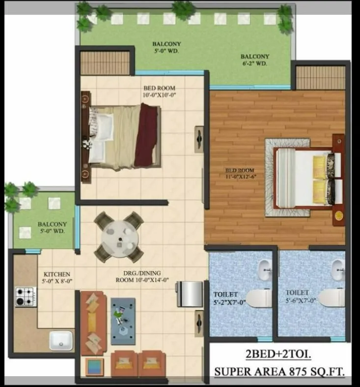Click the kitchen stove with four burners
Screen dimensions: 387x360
(x=26, y=297)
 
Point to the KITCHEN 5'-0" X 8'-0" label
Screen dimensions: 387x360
(x=57, y=278)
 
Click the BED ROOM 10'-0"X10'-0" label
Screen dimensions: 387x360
(x=159, y=92)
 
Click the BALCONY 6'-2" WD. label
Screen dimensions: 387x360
(x=254, y=60)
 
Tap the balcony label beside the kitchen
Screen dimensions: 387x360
(x=52, y=228)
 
